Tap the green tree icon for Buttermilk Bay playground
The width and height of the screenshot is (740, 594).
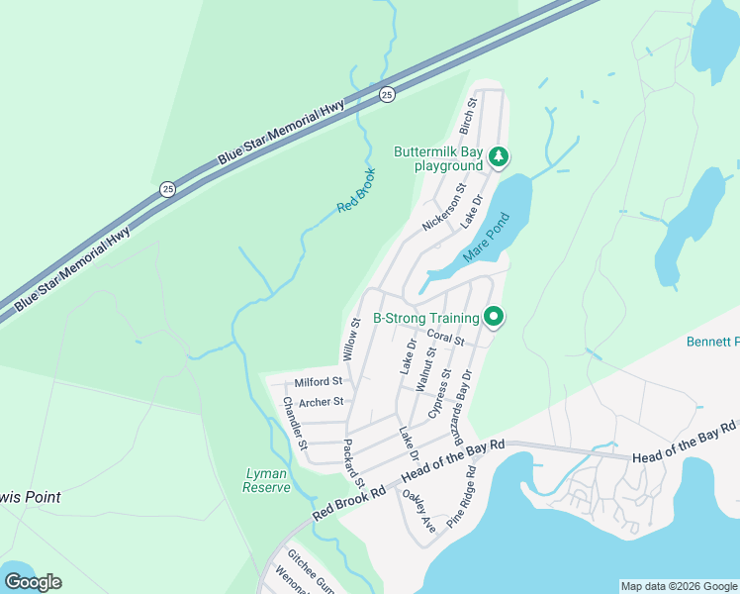click(500, 155)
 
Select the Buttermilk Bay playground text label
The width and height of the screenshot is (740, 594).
click(438, 158)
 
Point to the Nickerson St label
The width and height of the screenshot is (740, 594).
click(444, 207)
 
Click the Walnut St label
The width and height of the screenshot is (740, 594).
click(428, 368)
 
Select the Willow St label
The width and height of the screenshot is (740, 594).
click(349, 339)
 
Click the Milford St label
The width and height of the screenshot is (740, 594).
click(318, 381)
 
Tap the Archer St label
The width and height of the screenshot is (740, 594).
click(321, 402)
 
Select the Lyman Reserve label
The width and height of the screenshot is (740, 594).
click(267, 480)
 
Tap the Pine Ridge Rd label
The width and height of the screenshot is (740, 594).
click(461, 500)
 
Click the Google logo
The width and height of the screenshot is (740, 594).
click(33, 582)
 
